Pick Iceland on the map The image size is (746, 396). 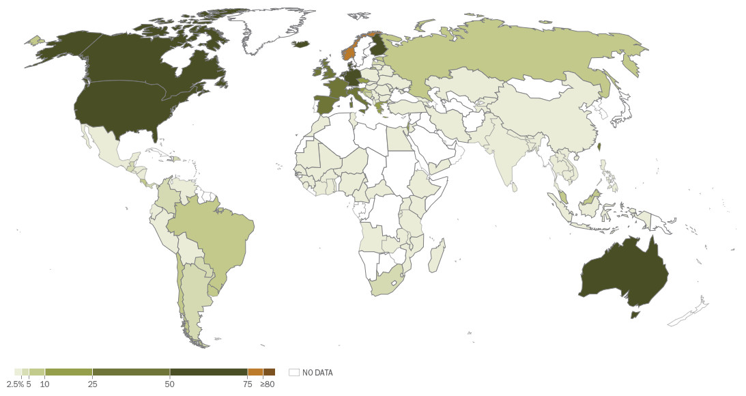(301, 44)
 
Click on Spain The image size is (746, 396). (326, 105)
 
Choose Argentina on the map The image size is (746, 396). (195, 294)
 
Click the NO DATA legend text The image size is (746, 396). (317, 373)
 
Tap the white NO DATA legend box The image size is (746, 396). (294, 372)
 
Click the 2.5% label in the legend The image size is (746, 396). (15, 384)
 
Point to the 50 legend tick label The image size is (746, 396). (170, 384)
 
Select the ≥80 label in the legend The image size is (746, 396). (267, 384)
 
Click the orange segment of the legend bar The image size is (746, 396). (255, 371)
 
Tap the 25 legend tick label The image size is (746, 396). (92, 384)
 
